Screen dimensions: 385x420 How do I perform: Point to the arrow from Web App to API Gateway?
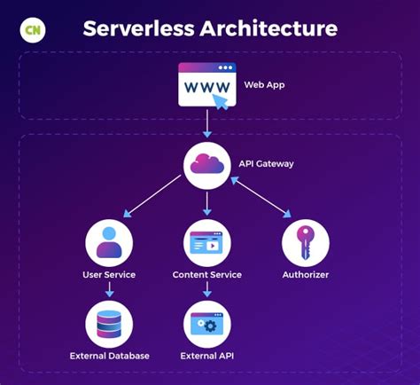(x=208, y=122)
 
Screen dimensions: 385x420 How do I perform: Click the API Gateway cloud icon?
(x=208, y=164)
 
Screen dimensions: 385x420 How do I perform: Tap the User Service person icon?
(x=109, y=242)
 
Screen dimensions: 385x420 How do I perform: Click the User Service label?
(x=109, y=275)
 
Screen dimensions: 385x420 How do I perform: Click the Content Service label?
(x=208, y=275)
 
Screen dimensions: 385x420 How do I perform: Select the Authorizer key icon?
(x=305, y=242)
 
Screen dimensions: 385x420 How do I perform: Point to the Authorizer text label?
(x=305, y=275)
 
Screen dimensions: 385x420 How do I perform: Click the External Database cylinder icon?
(x=109, y=324)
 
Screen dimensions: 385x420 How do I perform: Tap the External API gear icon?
(x=208, y=324)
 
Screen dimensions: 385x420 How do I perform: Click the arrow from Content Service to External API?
(x=208, y=291)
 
